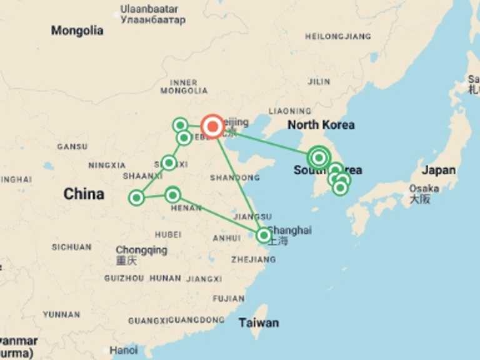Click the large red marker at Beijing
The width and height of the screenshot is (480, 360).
pyautogui.click(x=212, y=126)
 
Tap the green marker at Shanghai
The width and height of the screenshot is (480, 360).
pyautogui.click(x=264, y=236)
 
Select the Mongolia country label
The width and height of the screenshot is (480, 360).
pyautogui.click(x=77, y=31)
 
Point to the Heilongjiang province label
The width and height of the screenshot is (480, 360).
pyautogui.click(x=337, y=37)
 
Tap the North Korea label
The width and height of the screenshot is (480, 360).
pyautogui.click(x=321, y=125)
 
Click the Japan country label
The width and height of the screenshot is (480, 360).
pyautogui.click(x=438, y=170)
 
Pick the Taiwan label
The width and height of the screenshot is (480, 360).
pyautogui.click(x=258, y=323)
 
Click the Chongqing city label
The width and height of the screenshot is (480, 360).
pyautogui.click(x=141, y=250)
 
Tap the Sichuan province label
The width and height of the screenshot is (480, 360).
pyautogui.click(x=72, y=247)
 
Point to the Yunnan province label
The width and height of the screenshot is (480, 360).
pyautogui.click(x=61, y=314)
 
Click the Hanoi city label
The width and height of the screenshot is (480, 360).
pyautogui.click(x=124, y=351)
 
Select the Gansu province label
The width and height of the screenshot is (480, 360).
pyautogui.click(x=72, y=147)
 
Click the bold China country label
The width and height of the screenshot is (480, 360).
pyautogui.click(x=84, y=194)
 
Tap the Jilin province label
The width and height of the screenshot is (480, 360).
pyautogui.click(x=319, y=82)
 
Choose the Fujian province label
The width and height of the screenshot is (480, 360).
pyautogui.click(x=228, y=299)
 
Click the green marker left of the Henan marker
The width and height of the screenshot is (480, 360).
pyautogui.click(x=136, y=198)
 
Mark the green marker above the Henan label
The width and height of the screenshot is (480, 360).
pyautogui.click(x=172, y=195)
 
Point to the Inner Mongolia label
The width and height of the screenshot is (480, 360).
pyautogui.click(x=184, y=86)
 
